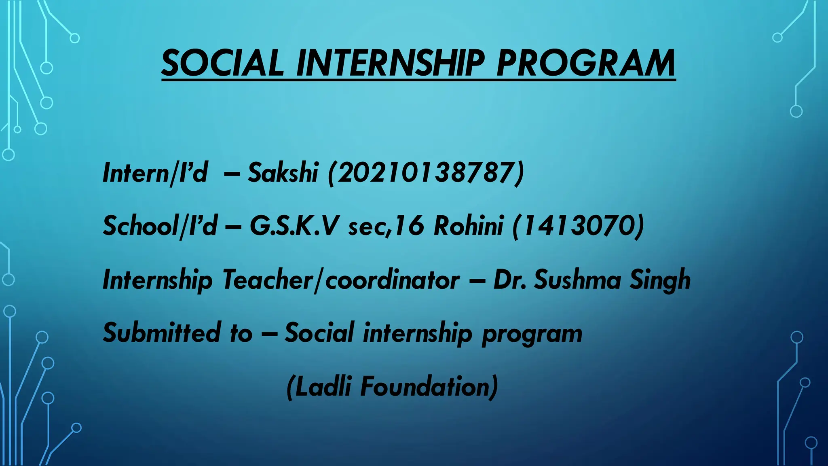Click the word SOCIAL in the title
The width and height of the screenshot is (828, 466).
click(x=223, y=63)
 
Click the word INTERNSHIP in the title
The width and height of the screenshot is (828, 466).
click(x=391, y=63)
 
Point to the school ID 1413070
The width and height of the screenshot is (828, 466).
click(x=578, y=226)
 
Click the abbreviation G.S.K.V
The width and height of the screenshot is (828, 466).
click(x=293, y=226)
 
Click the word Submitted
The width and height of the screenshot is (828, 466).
click(x=162, y=333)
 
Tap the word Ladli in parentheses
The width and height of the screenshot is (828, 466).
click(x=323, y=387)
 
